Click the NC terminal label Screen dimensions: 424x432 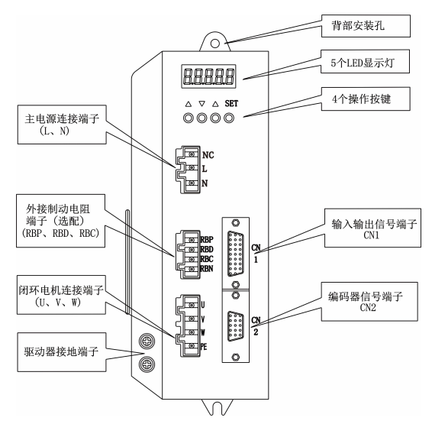[x=208, y=154]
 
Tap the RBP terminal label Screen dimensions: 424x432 [x=208, y=227]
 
